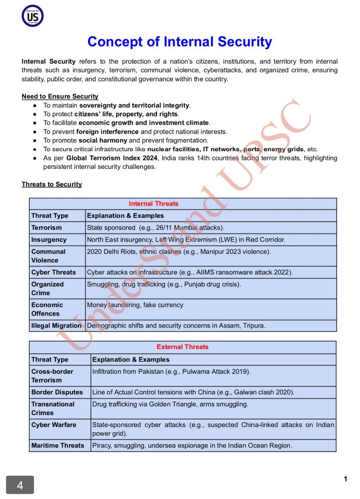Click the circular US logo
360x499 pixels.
pyautogui.click(x=32, y=16)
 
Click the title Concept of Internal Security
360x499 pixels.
pyautogui.click(x=179, y=42)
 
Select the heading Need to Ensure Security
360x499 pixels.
pyautogui.click(x=60, y=96)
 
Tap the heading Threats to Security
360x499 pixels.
pyautogui.click(x=52, y=184)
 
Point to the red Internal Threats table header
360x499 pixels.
pyautogui.click(x=153, y=204)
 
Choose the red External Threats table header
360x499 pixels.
pyautogui.click(x=182, y=347)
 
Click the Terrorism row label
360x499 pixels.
pyautogui.click(x=46, y=228)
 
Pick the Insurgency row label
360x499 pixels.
pyautogui.click(x=49, y=240)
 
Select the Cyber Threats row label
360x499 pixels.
pyautogui.click(x=53, y=272)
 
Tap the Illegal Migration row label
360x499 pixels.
pyautogui.click(x=56, y=325)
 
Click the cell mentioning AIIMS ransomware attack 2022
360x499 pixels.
pyautogui.click(x=189, y=272)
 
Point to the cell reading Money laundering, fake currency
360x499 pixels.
pyautogui.click(x=135, y=305)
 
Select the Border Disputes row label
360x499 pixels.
pyautogui.click(x=57, y=392)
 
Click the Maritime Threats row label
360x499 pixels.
pyautogui.click(x=57, y=445)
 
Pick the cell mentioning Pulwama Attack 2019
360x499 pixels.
pyautogui.click(x=171, y=372)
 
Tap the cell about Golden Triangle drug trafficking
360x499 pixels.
pyautogui.click(x=170, y=404)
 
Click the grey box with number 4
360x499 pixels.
pyautogui.click(x=20, y=485)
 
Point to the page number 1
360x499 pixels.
pyautogui.click(x=345, y=479)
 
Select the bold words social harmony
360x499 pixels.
pyautogui.click(x=103, y=140)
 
